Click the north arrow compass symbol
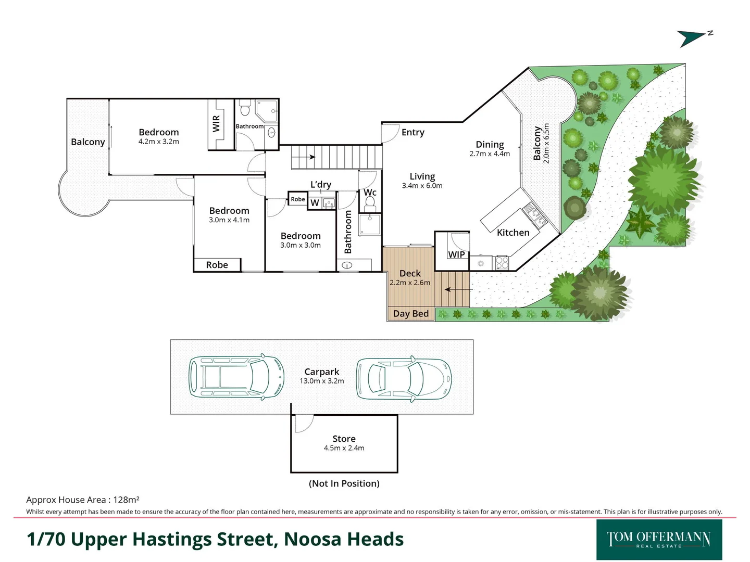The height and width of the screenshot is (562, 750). tap(693, 37)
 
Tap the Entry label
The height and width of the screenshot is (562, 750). tap(413, 133)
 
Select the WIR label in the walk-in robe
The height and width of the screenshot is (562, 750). tap(216, 124)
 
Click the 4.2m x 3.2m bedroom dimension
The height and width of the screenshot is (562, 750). tap(158, 142)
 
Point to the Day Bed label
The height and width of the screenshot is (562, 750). tap(410, 313)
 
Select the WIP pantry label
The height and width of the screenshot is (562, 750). tap(456, 254)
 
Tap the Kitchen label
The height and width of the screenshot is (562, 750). tap(512, 233)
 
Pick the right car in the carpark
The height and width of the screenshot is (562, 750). tap(404, 378)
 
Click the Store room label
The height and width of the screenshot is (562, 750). tap(344, 439)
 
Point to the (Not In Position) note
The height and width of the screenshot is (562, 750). tap(344, 483)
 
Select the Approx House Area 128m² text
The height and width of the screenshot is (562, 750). tap(82, 500)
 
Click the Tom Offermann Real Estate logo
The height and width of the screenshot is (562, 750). tap(659, 539)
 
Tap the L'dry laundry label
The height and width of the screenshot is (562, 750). tap(320, 185)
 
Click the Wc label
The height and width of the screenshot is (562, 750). tap(370, 193)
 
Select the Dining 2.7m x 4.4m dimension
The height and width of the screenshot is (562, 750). tap(490, 154)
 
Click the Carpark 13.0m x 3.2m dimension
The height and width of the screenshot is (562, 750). tap(321, 381)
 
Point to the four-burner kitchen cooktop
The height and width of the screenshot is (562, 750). tap(502, 263)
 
